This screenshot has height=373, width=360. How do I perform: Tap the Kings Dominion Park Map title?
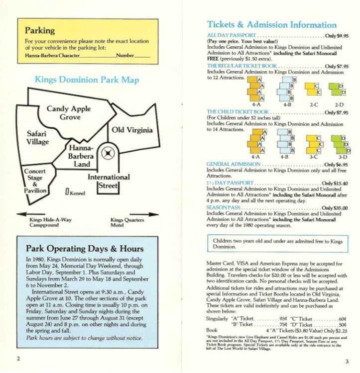tap(87, 80)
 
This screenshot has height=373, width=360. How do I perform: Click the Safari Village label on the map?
tap(38, 138)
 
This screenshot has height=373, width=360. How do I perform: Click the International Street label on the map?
tap(109, 181)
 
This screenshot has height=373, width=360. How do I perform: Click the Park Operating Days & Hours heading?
tap(85, 249)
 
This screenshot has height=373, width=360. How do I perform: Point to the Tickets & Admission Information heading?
tap(271, 25)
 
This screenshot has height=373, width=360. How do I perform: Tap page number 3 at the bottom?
tap(347, 361)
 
